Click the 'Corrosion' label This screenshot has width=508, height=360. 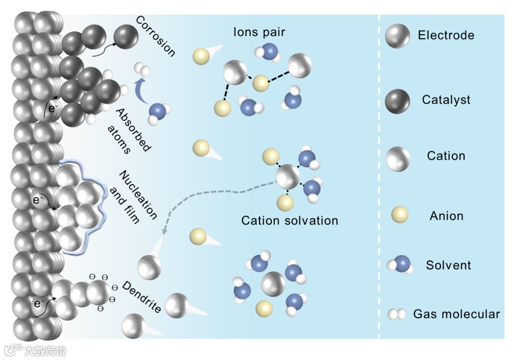tap(155, 36)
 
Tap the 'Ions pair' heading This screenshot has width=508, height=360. tap(259, 32)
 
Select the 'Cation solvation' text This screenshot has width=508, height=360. tap(290, 220)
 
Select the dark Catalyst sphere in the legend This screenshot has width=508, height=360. tap(397, 100)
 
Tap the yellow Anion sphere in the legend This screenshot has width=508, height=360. tap(400, 216)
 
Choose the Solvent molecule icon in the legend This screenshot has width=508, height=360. tap(401, 265)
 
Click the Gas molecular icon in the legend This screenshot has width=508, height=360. tap(397, 314)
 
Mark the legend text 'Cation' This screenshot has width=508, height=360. tap(446, 156)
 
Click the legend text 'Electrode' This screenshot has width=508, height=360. tap(446, 35)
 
